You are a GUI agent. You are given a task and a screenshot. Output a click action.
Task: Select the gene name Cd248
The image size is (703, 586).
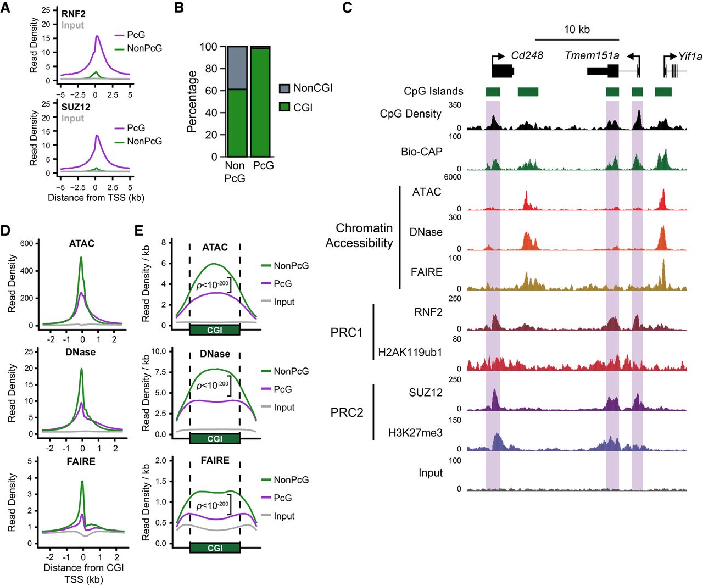pos(527,55)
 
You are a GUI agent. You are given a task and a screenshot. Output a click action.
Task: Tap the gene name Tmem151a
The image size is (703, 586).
pos(592,55)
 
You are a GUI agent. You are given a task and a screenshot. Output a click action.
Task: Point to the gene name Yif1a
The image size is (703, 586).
pos(690,56)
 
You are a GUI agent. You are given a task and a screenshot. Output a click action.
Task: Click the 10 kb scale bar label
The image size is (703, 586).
pos(577,30)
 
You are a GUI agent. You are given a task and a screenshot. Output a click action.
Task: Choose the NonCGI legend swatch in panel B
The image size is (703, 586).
pos(284,88)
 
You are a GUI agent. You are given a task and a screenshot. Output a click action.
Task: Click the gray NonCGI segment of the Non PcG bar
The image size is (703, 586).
pos(237,68)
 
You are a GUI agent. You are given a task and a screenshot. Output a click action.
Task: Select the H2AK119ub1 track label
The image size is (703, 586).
pos(410,353)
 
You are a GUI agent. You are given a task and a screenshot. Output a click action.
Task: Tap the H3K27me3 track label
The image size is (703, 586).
pos(415,433)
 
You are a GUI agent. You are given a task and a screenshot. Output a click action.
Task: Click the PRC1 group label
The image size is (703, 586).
pos(347,333)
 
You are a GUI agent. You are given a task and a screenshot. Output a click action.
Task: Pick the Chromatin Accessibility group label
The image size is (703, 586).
pos(359,235)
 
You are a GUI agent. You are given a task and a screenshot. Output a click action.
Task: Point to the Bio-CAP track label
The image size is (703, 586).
pos(422,152)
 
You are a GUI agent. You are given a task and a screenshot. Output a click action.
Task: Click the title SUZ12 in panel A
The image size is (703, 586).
pos(76,107)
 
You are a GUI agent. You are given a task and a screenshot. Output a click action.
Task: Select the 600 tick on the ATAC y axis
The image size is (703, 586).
pos(26,243)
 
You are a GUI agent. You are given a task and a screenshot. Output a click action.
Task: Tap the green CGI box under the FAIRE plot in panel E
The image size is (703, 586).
pos(215,548)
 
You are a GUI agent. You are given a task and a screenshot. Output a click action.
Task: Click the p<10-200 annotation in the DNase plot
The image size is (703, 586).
pos(212,386)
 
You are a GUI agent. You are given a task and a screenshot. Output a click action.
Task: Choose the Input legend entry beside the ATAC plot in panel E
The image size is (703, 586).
pos(284,302)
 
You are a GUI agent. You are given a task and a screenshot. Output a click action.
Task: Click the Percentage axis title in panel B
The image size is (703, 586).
pos(192,102)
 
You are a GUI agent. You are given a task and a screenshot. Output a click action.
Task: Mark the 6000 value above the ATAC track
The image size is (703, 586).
pos(453,177)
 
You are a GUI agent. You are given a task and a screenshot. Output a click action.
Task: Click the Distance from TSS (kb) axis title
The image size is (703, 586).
pos(96,198)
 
